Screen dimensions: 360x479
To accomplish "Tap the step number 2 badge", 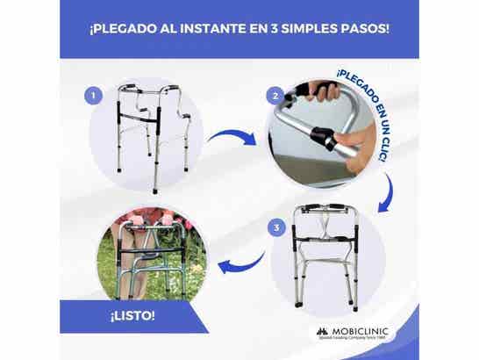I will coord(276,96).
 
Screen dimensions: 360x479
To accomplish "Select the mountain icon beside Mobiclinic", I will coord(321,333).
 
